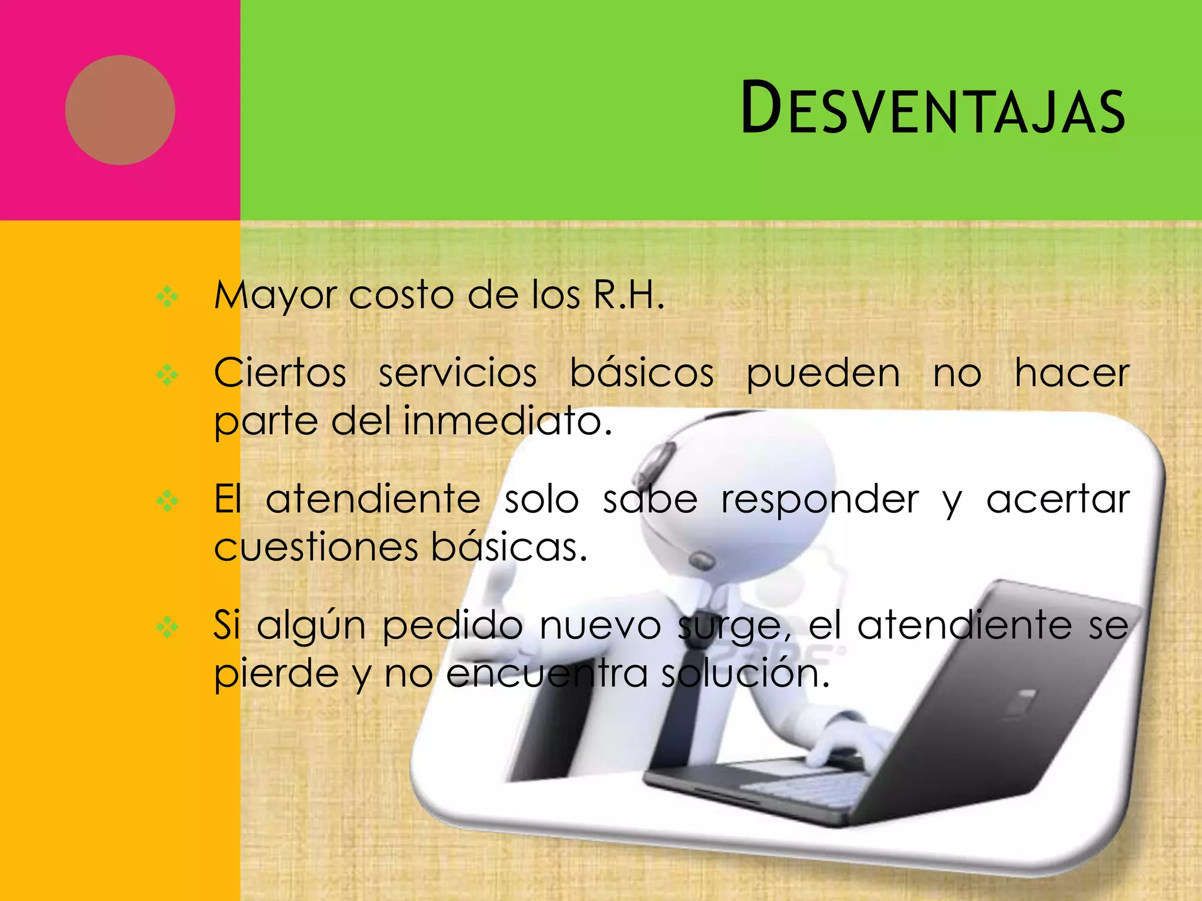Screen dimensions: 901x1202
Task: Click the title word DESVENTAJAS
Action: [x=933, y=109]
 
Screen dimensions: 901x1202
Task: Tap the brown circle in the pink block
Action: [x=120, y=110]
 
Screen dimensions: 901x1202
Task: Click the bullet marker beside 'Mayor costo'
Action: [x=167, y=297]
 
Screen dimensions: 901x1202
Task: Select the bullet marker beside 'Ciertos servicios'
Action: [x=167, y=375]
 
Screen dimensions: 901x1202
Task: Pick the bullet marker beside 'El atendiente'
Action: [x=167, y=501]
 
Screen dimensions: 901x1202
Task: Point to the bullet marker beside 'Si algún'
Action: [x=167, y=627]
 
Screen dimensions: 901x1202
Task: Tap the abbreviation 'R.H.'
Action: [x=629, y=294]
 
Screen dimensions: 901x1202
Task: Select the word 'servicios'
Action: [x=458, y=373]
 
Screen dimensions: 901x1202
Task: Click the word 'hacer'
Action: [x=1072, y=373]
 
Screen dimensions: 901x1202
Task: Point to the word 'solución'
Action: [x=745, y=673]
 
